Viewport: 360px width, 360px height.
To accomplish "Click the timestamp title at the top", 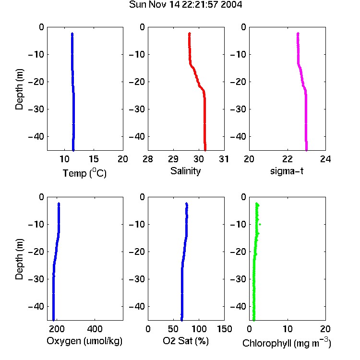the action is coord(185,5).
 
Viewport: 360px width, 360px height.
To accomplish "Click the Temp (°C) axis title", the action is coord(84,173).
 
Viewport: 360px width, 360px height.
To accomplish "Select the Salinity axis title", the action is coord(185,171).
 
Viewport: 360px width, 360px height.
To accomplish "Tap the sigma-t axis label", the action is coord(287,171).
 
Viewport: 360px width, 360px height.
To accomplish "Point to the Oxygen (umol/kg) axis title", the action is coord(84,341).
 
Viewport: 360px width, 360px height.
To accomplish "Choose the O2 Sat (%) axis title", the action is coord(186,341).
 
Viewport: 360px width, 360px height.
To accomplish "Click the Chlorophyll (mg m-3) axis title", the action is coord(287,342).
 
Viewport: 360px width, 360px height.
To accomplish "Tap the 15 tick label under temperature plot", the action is coord(94,159).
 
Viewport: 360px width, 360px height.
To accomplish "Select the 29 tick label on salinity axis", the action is coord(173,159).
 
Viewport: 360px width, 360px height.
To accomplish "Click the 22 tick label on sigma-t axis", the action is coord(288,159).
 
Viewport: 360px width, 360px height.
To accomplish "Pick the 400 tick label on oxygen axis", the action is coord(95,329).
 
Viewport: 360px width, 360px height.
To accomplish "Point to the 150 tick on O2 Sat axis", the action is coord(224,329).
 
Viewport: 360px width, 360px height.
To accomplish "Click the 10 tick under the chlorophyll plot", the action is coord(288,329).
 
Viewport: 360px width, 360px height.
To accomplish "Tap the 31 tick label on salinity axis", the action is coord(224,159).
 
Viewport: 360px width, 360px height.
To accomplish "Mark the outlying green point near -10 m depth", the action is coord(260,224).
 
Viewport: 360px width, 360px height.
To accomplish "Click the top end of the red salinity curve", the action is coord(190,34).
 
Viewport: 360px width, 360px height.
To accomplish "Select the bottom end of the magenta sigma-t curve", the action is coord(306,150).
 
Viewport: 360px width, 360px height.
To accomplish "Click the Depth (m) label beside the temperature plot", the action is coord(19,89).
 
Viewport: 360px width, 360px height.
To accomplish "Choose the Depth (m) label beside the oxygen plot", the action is coord(19,259).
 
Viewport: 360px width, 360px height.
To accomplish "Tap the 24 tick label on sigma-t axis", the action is coord(325,159).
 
